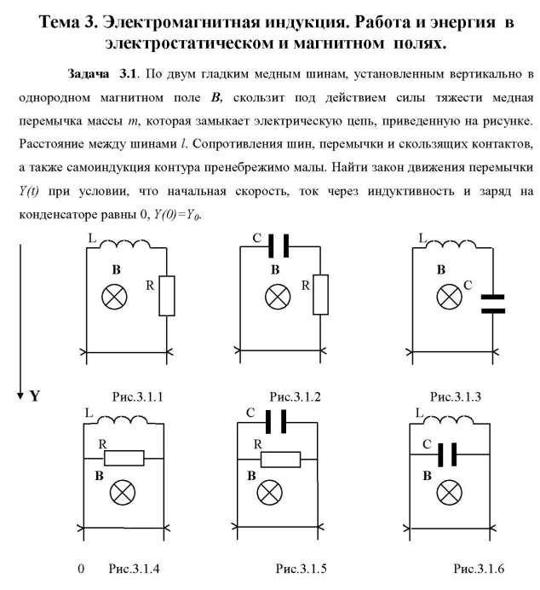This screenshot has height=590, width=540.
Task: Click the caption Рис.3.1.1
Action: [x=137, y=396]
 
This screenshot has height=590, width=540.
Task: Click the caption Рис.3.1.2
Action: [x=296, y=396]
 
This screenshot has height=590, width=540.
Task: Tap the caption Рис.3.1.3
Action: [x=456, y=396]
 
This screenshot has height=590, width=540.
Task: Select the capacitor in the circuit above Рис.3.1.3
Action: [x=492, y=304]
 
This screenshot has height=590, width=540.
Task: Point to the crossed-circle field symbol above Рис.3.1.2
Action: [x=277, y=298]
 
